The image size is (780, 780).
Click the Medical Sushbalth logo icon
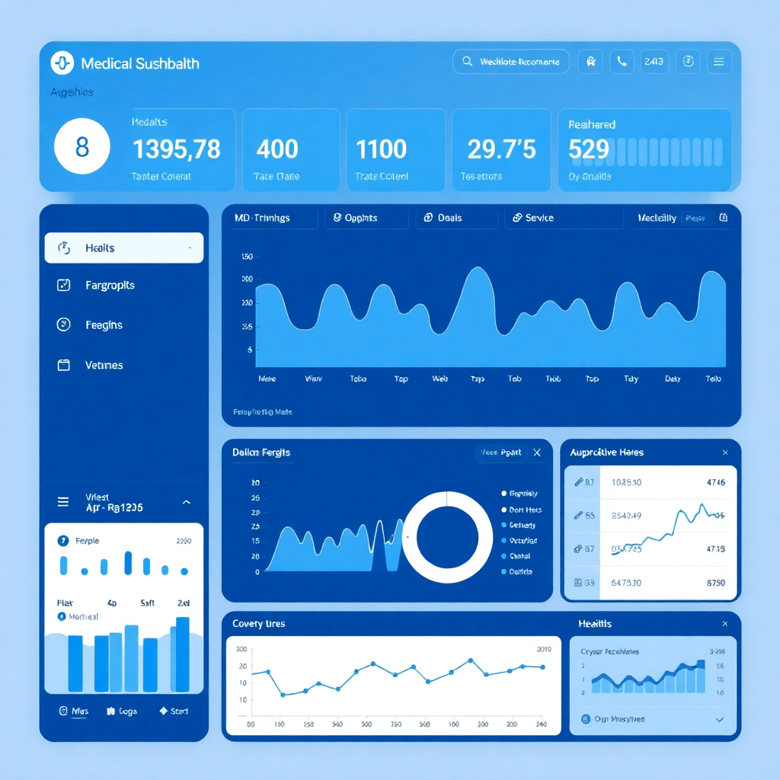tap(62, 62)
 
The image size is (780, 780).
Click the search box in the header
tap(511, 62)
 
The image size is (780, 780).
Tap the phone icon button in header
tap(622, 62)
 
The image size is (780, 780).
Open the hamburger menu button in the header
tap(719, 62)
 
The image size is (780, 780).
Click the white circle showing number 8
tap(82, 146)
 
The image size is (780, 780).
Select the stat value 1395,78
tap(176, 149)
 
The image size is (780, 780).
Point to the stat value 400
tap(277, 149)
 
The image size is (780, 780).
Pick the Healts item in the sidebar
tap(124, 248)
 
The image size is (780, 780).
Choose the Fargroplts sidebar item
tap(110, 285)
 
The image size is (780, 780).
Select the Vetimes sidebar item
tap(104, 365)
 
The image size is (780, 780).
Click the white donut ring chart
tap(447, 536)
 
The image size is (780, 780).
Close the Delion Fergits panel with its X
tap(537, 452)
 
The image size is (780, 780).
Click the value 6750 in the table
tap(715, 583)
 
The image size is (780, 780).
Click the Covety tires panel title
tap(259, 624)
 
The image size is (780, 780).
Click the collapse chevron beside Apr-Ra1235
tap(187, 503)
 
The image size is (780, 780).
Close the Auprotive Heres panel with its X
tap(724, 452)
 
